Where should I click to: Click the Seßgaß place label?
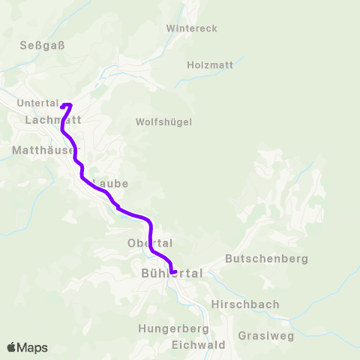point(43,45)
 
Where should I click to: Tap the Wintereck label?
point(191,28)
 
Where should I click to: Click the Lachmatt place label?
point(52,119)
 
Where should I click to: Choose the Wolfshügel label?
point(164,121)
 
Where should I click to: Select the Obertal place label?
point(150,243)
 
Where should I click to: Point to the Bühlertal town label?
point(172,274)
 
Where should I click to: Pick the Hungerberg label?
point(173,328)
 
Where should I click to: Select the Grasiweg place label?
point(265,335)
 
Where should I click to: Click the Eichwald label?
point(198,345)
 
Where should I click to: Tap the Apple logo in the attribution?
point(12,347)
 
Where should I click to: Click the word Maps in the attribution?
point(32,348)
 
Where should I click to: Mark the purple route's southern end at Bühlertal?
point(173,272)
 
